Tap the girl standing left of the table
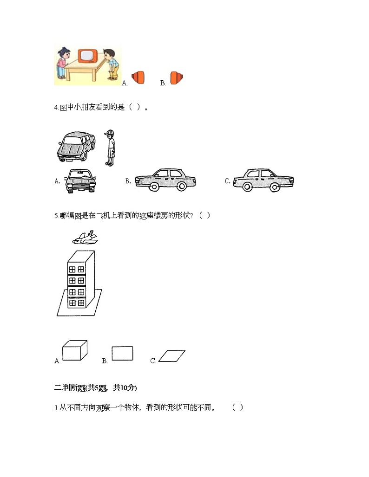[62, 64]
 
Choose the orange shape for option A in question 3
[138, 77]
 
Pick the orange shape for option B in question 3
[176, 77]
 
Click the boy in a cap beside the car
[110, 148]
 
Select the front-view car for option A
[80, 180]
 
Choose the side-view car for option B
[165, 180]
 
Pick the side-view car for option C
[263, 180]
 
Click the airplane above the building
[85, 238]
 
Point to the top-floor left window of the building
[72, 269]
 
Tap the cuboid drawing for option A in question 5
[75, 350]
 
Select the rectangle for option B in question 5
[123, 354]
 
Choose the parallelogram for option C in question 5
[172, 355]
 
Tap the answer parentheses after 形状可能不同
[237, 408]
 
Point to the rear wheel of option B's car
[181, 186]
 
